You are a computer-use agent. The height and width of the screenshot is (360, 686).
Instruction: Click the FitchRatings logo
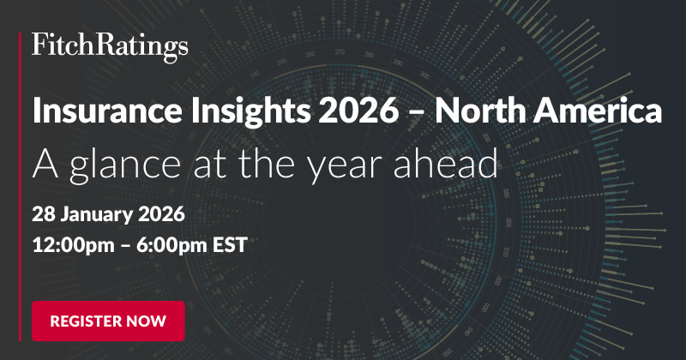109,46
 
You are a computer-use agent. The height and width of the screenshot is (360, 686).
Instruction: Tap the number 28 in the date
42,211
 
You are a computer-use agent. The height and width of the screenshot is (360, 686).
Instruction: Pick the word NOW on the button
151,321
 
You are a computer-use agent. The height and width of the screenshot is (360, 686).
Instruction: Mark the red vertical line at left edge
20,180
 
